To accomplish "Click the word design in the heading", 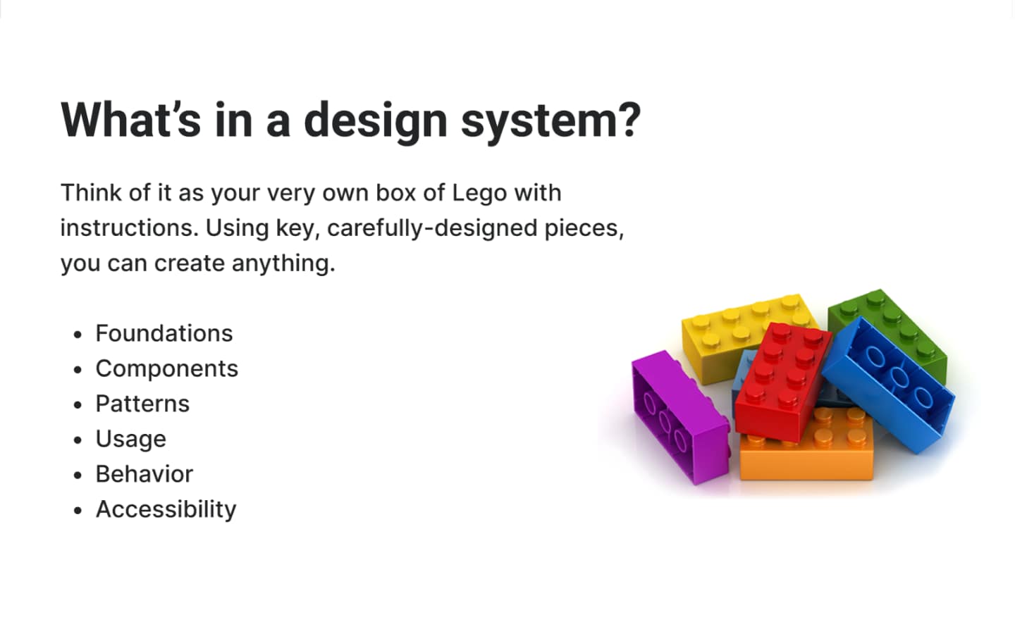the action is pyautogui.click(x=376, y=121).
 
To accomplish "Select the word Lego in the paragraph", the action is pyautogui.click(x=479, y=193).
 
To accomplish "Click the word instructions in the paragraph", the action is pyautogui.click(x=130, y=228).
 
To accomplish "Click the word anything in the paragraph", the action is pyautogui.click(x=283, y=263).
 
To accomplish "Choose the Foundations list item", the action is pyautogui.click(x=164, y=334).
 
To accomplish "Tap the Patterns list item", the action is pyautogui.click(x=142, y=404).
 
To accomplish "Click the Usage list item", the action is pyautogui.click(x=131, y=440).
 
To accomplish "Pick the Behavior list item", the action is pyautogui.click(x=144, y=475).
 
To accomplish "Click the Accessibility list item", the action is pyautogui.click(x=166, y=510).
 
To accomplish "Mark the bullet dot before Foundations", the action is pyautogui.click(x=78, y=335).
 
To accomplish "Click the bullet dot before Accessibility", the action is pyautogui.click(x=78, y=510).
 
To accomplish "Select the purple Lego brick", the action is pyautogui.click(x=679, y=416).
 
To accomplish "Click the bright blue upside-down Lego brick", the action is pyautogui.click(x=888, y=385).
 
